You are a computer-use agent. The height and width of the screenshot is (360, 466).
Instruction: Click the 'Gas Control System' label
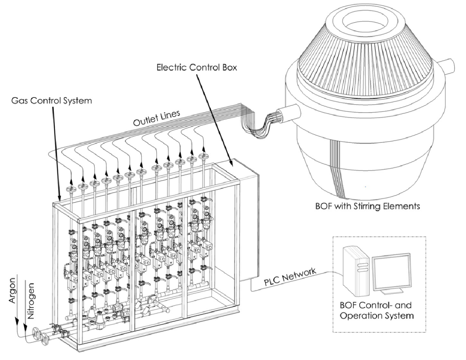click(x=52, y=101)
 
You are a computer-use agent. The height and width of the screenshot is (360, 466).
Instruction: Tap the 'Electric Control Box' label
click(x=197, y=68)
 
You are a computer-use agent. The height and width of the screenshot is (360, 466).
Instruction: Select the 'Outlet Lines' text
click(x=157, y=118)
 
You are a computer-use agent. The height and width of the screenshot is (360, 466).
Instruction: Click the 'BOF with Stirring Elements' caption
click(x=368, y=206)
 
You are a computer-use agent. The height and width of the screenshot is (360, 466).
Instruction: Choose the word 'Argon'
click(x=12, y=290)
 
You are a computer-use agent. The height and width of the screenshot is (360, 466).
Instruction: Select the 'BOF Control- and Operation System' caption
click(x=376, y=310)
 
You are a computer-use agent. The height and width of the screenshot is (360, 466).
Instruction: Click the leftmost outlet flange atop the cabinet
click(x=71, y=189)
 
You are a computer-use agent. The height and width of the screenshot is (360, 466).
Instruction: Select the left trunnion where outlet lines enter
click(x=287, y=113)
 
